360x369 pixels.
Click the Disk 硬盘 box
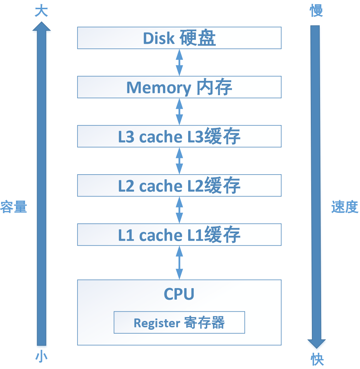coord(179,38)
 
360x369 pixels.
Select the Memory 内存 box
coord(179,87)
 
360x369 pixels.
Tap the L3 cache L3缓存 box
coord(179,136)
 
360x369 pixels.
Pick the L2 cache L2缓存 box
coord(179,185)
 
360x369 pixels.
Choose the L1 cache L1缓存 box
coord(179,234)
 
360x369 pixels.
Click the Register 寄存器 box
coord(179,322)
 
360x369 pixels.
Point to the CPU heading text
coord(179,294)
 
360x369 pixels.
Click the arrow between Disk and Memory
coord(180,62)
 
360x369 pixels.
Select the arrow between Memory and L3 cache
coord(180,111)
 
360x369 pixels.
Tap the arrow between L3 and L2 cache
coord(180,160)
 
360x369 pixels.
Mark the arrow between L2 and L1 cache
coord(180,210)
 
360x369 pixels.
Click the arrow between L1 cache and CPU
coord(180,262)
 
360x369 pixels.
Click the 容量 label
coord(13,207)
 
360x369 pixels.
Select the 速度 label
coord(345,207)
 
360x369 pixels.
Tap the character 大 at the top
coord(41,11)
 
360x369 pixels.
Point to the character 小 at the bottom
coord(41,357)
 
